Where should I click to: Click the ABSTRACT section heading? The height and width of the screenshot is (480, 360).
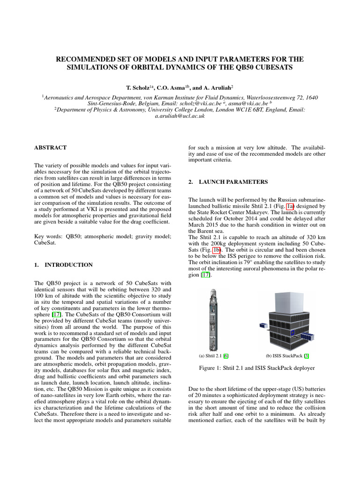pos(50,147)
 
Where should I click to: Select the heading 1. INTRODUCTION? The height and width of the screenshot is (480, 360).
pos(64,265)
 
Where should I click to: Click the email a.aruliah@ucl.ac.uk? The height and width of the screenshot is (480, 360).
pos(180,116)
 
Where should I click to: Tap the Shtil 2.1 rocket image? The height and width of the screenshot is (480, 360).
pos(216,318)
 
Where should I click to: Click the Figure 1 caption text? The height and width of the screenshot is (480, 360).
pos(250,368)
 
